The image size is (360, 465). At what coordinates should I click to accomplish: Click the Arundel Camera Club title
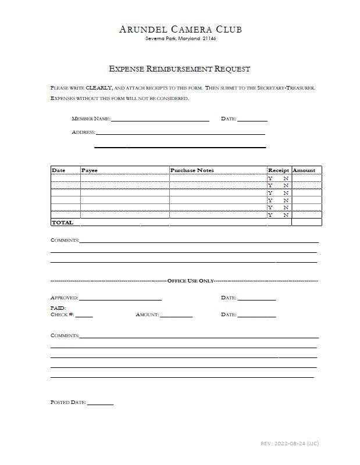180,29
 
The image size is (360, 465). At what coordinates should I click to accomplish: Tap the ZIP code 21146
210,39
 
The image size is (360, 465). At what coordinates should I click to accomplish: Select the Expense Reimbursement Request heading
180,69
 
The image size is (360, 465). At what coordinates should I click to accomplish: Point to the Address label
83,132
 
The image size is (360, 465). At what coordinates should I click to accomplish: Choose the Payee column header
90,170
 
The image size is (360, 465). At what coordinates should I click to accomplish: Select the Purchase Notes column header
192,170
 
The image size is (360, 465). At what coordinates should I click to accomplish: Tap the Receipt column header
279,170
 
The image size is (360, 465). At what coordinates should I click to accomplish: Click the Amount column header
304,170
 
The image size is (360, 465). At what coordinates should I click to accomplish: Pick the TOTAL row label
62,223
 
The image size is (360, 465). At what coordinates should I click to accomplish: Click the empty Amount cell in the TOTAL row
306,222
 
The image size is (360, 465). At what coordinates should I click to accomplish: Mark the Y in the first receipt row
270,178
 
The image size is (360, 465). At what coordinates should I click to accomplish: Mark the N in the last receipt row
286,215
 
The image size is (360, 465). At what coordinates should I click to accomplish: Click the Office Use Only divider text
191,281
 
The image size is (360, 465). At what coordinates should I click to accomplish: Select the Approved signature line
120,299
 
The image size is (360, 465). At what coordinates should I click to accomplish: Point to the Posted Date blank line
101,403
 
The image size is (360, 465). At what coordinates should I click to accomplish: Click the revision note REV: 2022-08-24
290,443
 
